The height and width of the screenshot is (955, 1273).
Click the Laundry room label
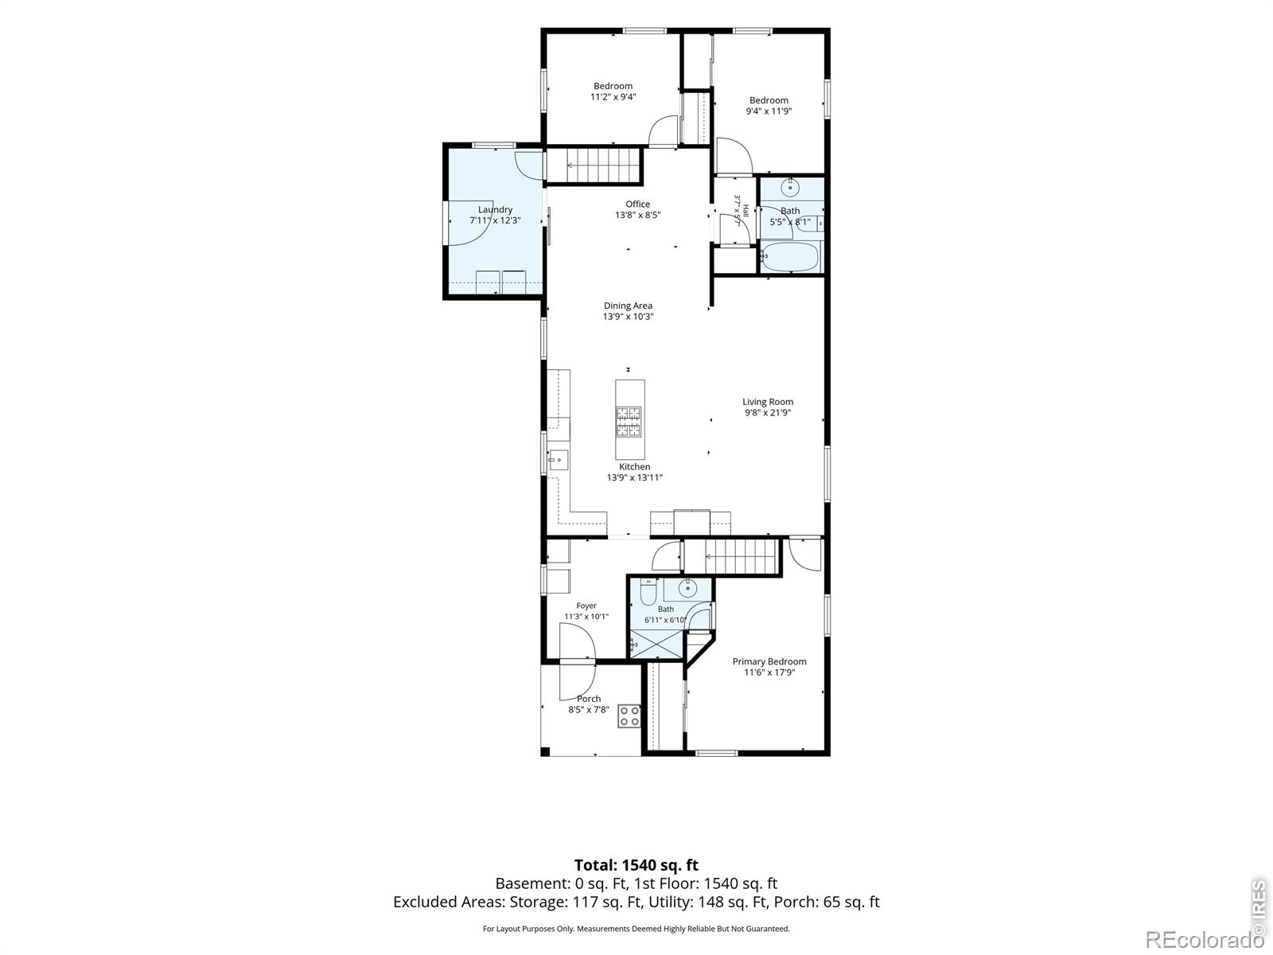495,209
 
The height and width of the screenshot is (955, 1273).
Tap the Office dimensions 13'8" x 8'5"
637,215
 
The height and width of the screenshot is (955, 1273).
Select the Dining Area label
628,306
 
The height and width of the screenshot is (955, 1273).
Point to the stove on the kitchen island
629,422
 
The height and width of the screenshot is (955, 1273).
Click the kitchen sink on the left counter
558,460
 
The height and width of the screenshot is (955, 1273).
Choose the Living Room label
767,402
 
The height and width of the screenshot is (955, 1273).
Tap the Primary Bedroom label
769,661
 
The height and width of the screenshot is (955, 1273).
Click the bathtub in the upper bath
790,256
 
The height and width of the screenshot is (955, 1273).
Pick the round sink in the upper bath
789,187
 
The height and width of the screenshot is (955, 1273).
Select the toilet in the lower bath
648,592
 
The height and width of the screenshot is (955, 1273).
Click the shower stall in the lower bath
656,644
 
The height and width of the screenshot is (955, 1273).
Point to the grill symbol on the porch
629,716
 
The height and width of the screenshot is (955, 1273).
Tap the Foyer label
586,606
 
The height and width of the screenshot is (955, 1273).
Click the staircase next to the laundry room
594,166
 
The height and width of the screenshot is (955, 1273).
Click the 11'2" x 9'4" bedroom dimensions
613,97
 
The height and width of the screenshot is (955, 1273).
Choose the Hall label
746,210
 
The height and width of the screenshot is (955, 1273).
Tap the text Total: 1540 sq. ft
636,865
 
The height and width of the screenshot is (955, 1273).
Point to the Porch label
589,699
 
